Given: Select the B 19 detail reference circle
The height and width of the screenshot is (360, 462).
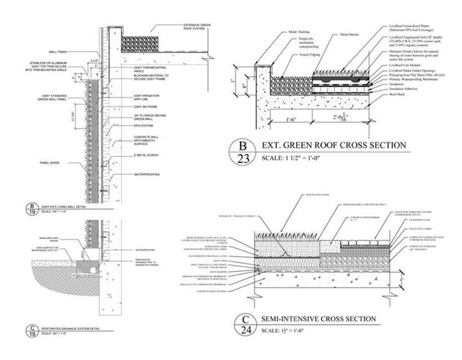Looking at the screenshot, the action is (x=29, y=207).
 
